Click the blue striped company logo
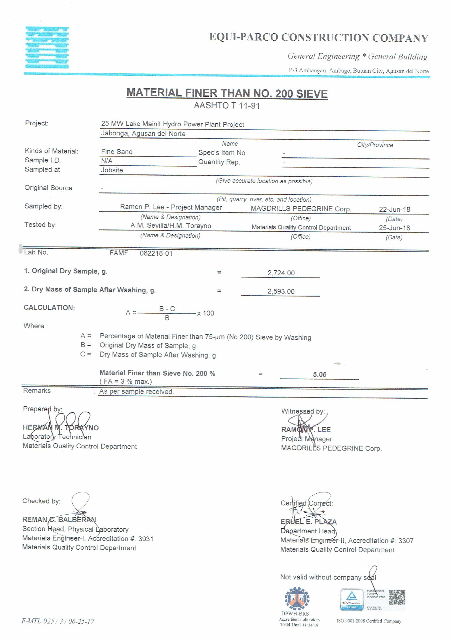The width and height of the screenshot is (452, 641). [47, 47]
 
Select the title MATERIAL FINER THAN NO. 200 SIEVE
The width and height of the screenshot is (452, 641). [227, 93]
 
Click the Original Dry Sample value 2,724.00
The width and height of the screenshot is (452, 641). [281, 273]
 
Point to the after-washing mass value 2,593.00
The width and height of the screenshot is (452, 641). [281, 291]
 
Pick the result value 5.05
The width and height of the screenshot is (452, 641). [320, 374]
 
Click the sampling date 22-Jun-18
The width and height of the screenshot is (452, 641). [394, 209]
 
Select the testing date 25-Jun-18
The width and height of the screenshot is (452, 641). [394, 228]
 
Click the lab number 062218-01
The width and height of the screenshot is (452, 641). [156, 253]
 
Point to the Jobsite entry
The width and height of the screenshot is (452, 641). [112, 170]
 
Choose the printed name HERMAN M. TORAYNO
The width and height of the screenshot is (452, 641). [61, 428]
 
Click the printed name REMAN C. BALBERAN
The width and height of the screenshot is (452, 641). [59, 520]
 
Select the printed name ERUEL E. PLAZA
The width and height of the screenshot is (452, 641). [308, 522]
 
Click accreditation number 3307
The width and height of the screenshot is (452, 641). [406, 541]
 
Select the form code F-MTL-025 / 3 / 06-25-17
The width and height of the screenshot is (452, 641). [58, 621]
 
